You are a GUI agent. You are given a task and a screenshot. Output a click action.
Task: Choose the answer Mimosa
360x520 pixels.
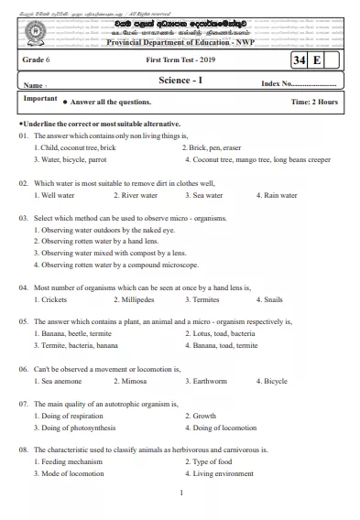click(x=131, y=381)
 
